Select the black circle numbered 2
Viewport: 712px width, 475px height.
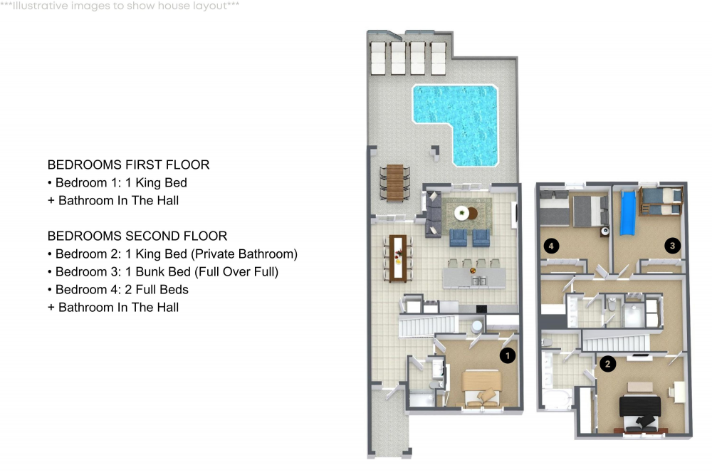(x=607, y=364)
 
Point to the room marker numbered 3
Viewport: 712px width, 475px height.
(x=671, y=246)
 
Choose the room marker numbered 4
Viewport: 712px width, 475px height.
(x=550, y=246)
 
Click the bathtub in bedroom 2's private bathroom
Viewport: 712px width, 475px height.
(x=555, y=400)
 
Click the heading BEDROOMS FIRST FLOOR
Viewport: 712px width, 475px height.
(x=128, y=165)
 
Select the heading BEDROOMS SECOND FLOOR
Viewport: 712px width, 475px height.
(x=138, y=236)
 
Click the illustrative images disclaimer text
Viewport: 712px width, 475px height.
(x=120, y=6)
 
